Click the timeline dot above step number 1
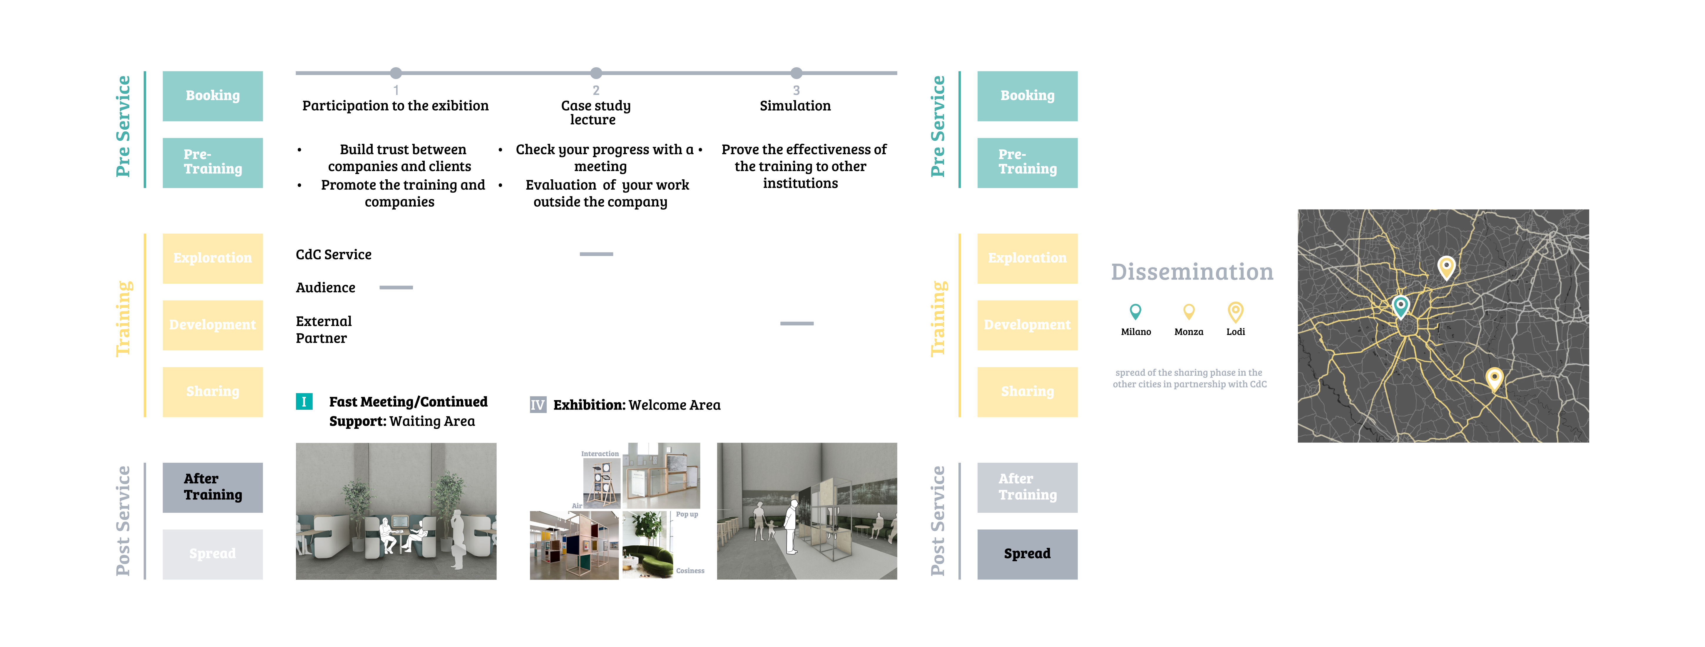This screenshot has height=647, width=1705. tap(396, 73)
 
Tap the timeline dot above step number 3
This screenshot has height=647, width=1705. tap(796, 73)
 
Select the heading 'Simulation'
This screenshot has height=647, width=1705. tap(795, 106)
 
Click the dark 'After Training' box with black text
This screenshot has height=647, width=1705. tap(213, 487)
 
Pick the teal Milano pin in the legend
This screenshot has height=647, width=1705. tap(1135, 311)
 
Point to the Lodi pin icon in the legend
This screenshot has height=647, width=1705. tap(1235, 311)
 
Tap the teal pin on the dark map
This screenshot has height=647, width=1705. tap(1401, 306)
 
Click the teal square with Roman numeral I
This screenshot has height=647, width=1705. tap(304, 401)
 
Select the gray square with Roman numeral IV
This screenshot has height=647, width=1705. tap(538, 404)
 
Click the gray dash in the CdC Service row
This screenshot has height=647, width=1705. tap(596, 254)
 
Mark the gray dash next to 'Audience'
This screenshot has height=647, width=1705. tap(396, 287)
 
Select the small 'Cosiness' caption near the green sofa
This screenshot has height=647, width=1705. tap(690, 571)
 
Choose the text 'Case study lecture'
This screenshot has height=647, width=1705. tap(595, 113)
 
